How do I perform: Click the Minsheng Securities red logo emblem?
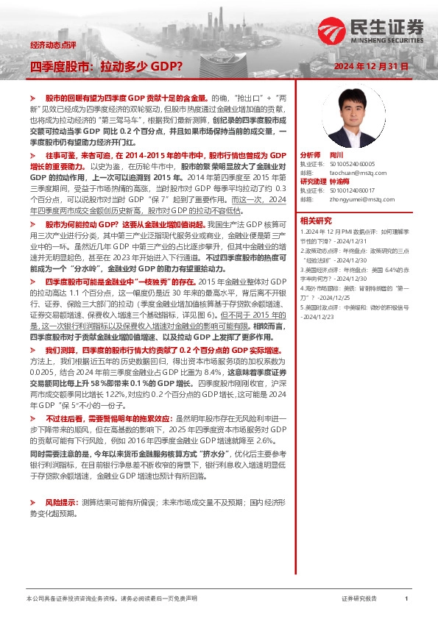pos(331,32)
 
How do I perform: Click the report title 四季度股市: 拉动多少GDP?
pos(106,66)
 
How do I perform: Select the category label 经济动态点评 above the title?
pos(53,46)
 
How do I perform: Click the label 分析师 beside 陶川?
pos(311,157)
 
